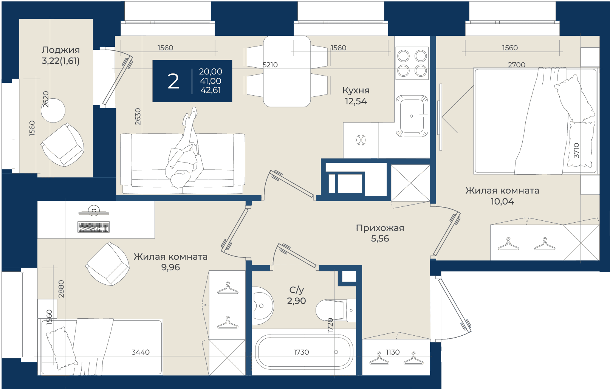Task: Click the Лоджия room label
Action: [61, 50]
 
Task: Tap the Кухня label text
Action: [356, 90]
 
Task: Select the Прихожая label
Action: [380, 228]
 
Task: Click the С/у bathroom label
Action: [297, 290]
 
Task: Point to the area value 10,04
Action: [502, 201]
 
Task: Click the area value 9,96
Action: [170, 267]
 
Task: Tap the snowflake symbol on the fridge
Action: [361, 140]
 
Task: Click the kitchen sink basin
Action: [412, 116]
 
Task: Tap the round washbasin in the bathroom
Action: [262, 305]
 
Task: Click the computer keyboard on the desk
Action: [93, 227]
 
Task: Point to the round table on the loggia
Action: [53, 110]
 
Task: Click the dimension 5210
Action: [270, 65]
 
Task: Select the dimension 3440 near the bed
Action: [141, 352]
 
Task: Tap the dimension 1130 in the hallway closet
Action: [393, 352]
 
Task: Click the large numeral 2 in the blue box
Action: [173, 81]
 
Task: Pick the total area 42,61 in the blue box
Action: [211, 90]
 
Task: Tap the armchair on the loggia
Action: [62, 145]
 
